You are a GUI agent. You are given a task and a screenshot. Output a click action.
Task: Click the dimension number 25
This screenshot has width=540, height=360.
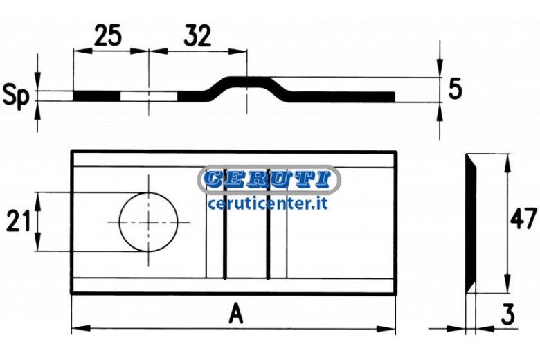click(x=108, y=35)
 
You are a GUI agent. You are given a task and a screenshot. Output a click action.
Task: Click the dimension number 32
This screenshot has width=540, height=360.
click(x=197, y=36)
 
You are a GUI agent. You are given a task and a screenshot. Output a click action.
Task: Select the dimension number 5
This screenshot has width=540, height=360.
click(x=456, y=89)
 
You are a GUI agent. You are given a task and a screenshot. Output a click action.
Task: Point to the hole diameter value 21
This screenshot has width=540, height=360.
click(x=19, y=221)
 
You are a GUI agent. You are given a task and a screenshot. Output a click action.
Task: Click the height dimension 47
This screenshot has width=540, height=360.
click(x=523, y=218)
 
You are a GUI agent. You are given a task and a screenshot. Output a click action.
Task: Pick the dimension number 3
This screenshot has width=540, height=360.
click(x=508, y=314)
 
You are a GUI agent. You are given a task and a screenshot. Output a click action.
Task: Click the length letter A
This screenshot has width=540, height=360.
click(x=236, y=313)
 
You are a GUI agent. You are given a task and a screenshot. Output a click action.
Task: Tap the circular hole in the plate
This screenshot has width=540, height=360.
click(x=149, y=222)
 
